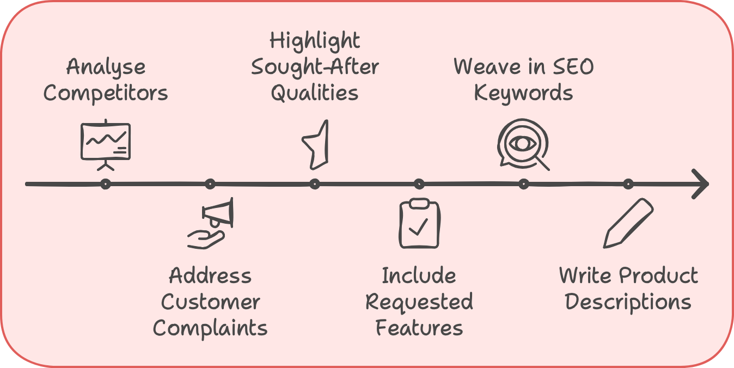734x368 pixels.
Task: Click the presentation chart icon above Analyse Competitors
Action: tap(106, 143)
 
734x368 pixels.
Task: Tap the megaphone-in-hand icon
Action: tap(211, 223)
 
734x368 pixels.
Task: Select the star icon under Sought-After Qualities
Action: tap(316, 144)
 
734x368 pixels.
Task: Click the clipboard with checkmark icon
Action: tap(419, 223)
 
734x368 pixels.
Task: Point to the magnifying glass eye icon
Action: tap(523, 144)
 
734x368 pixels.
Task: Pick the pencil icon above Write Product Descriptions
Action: tap(628, 223)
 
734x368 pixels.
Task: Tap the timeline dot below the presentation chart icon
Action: tap(106, 184)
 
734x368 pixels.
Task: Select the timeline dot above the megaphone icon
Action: tap(210, 184)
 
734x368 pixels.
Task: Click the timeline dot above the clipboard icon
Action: tap(419, 184)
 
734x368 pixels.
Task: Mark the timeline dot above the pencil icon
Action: tap(628, 184)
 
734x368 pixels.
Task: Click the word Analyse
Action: tap(106, 68)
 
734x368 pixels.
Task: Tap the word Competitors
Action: tap(106, 93)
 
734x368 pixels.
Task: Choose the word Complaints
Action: tap(210, 328)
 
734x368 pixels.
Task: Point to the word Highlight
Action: tap(315, 41)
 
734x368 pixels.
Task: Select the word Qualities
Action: tap(315, 93)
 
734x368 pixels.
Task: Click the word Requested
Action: tap(419, 302)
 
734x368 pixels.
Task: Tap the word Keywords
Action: tap(523, 93)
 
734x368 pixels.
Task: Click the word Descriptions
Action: tap(628, 302)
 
